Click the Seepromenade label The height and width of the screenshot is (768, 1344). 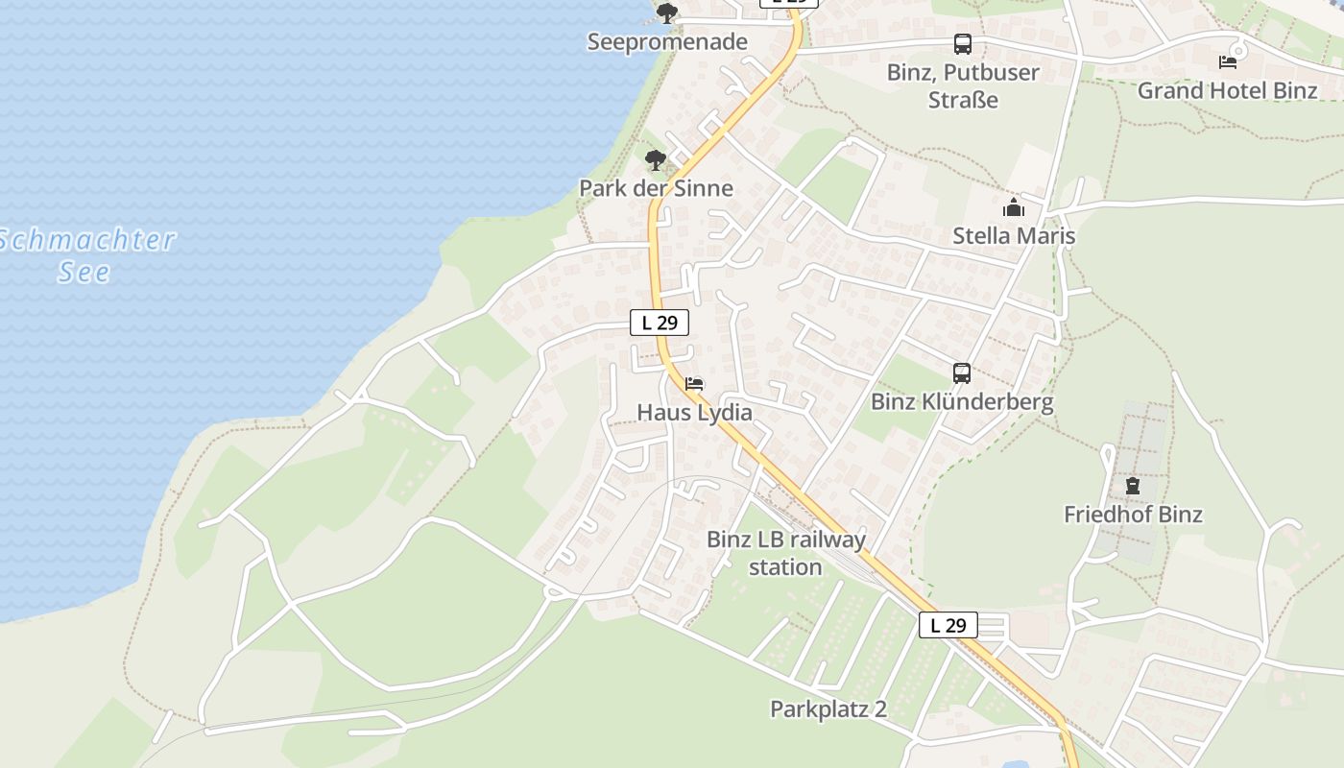tap(667, 42)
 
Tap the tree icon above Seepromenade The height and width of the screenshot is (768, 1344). tap(667, 13)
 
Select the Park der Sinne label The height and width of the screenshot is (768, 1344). tap(656, 188)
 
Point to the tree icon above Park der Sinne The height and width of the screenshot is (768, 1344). tap(656, 159)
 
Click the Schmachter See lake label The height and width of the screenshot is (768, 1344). tap(86, 255)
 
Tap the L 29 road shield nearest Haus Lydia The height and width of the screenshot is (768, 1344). tap(660, 323)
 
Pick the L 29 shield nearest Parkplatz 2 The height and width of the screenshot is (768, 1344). tap(948, 625)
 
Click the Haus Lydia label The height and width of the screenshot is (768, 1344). tap(694, 413)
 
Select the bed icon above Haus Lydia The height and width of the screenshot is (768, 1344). tap(694, 384)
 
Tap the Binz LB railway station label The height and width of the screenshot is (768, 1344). tap(786, 553)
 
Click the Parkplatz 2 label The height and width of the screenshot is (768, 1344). tap(828, 709)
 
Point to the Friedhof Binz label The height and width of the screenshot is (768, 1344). tap(1133, 515)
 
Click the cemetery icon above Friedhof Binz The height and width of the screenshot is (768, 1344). tap(1133, 486)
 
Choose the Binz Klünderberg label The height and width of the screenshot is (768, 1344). tap(962, 402)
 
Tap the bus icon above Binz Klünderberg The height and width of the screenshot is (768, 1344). tap(962, 373)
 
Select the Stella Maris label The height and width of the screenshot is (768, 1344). tap(1014, 236)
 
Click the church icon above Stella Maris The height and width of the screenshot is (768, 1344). tap(1014, 207)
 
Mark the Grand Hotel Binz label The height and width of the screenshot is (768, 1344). tap(1228, 91)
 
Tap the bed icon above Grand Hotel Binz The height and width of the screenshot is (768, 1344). tap(1228, 62)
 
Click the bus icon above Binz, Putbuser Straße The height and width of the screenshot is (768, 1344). tap(963, 43)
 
